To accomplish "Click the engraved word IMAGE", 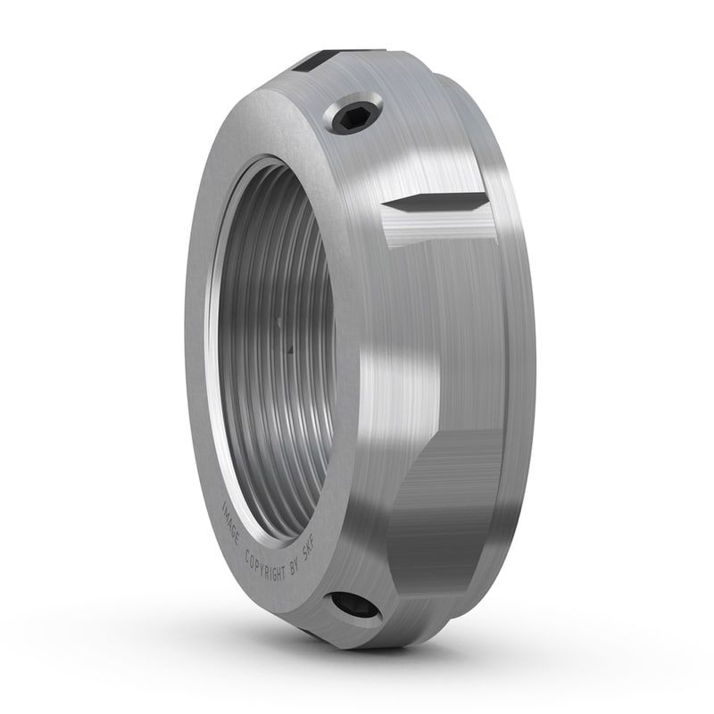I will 235,527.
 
